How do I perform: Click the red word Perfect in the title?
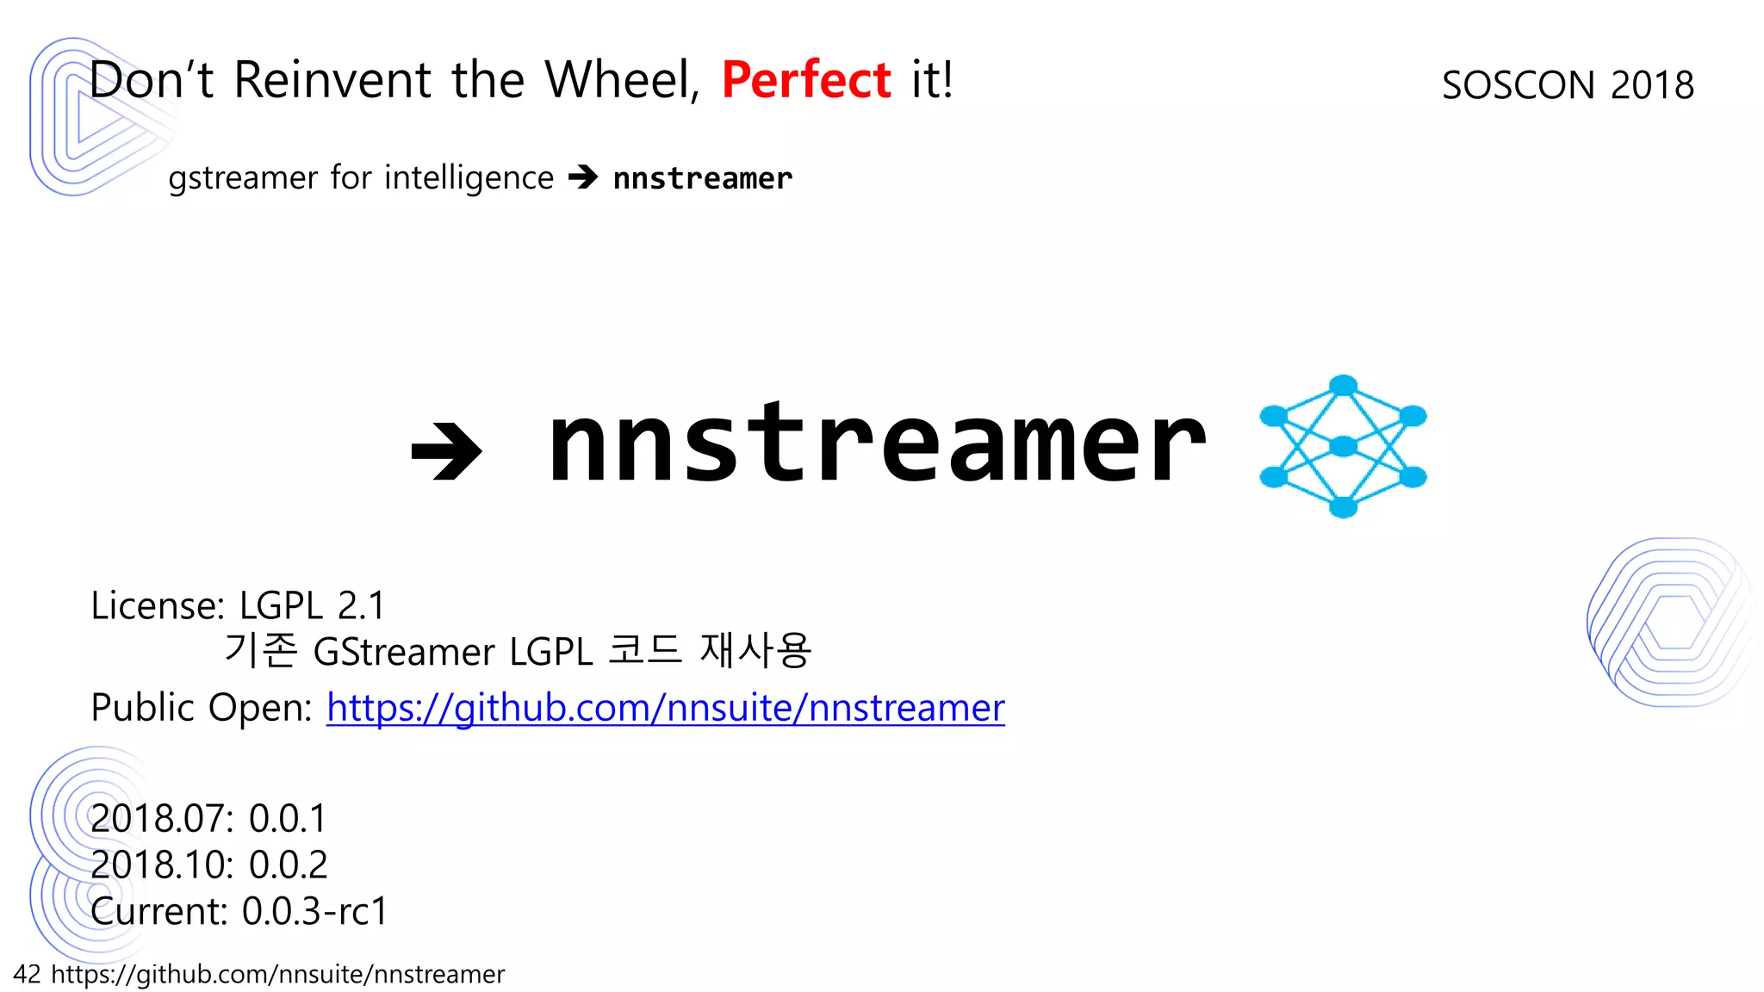[805, 80]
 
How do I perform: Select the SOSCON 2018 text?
[1568, 85]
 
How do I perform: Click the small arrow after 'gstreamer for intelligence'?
[583, 177]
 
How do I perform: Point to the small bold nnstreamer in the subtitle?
[702, 178]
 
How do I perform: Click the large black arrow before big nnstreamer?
[446, 450]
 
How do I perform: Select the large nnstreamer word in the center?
[877, 445]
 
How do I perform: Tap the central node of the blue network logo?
[1343, 446]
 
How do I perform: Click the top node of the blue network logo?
[1343, 385]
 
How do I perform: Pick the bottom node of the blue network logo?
[1343, 507]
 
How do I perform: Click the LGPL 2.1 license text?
[312, 605]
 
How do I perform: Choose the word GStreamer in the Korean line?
[403, 652]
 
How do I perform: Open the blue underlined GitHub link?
[665, 708]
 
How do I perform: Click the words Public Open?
[202, 708]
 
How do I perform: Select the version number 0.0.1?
[288, 818]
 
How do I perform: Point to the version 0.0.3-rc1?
[315, 911]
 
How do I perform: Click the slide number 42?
[27, 974]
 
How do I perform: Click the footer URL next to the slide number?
[277, 974]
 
